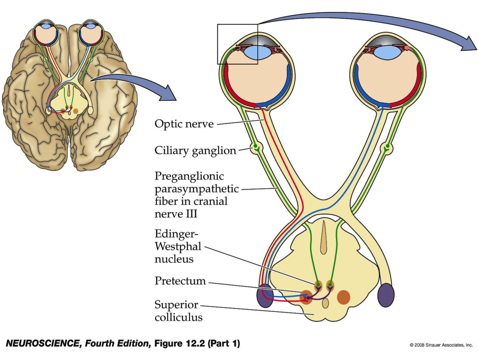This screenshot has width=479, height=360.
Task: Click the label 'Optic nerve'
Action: [184, 123]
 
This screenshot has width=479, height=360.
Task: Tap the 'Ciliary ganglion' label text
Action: [195, 150]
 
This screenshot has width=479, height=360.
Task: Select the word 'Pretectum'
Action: [180, 281]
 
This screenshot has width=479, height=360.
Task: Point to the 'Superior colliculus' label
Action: [178, 311]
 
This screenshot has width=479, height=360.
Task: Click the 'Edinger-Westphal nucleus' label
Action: [178, 246]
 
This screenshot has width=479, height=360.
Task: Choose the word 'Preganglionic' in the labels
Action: [189, 176]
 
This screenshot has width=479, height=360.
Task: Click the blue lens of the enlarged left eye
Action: [257, 53]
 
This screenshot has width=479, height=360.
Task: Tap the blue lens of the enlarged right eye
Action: [387, 53]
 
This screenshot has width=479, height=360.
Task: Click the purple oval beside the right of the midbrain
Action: [386, 295]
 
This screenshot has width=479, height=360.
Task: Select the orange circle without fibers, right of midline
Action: [344, 297]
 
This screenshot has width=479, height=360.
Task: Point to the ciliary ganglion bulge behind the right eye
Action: [387, 148]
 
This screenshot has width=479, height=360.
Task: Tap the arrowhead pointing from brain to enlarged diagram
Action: [169, 94]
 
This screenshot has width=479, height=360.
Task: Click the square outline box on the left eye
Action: [238, 44]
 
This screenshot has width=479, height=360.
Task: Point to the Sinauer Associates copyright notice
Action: [441, 345]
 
